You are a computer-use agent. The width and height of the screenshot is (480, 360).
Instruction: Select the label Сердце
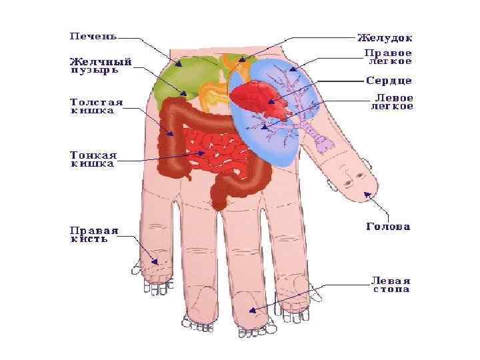(389, 81)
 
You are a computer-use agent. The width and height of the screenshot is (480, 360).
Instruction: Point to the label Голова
(388, 227)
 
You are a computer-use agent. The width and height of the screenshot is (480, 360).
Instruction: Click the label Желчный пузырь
(101, 65)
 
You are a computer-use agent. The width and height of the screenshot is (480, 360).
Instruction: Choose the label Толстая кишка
(97, 107)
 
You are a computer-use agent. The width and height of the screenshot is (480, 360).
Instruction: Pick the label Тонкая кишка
(93, 159)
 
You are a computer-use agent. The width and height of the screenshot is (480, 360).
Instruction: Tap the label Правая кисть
(94, 235)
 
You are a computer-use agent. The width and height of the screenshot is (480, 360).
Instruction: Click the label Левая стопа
(391, 285)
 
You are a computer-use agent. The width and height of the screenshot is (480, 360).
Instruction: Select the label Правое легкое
(387, 57)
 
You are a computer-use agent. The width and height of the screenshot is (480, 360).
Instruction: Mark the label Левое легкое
(391, 102)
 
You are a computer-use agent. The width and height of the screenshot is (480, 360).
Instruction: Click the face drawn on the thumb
(349, 177)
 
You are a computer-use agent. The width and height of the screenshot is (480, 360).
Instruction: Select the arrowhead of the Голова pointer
(365, 194)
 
